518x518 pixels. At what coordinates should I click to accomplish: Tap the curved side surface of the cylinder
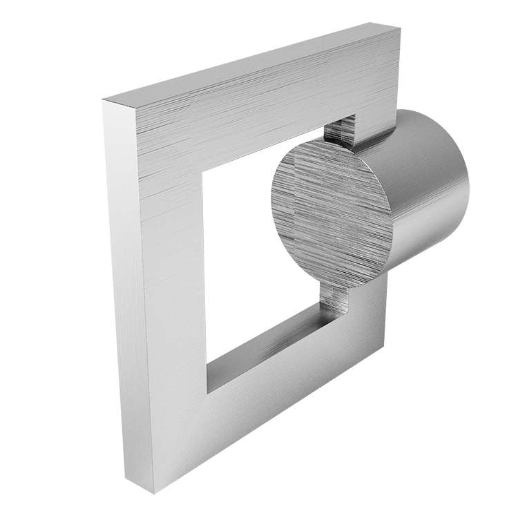tap(428, 186)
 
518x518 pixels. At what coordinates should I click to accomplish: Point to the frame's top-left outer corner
tap(104, 102)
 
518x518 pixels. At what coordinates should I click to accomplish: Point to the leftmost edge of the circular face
tap(271, 200)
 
